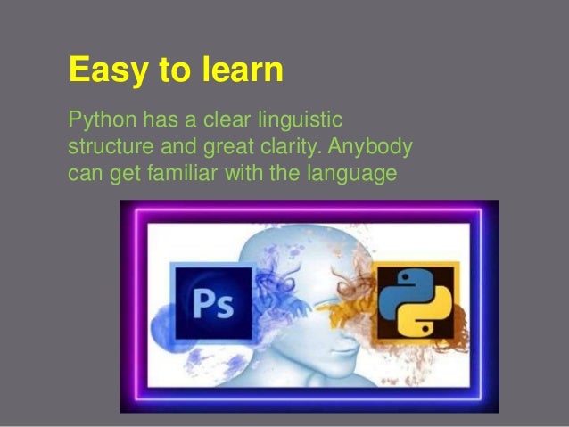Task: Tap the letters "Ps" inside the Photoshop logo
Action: click(x=212, y=307)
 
